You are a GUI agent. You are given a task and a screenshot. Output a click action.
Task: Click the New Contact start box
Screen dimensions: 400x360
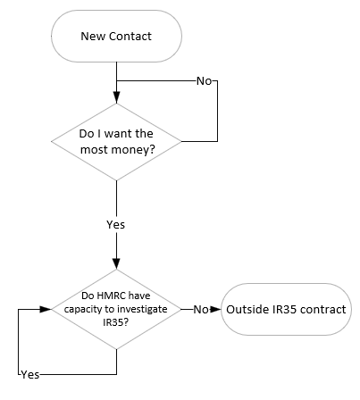(116, 36)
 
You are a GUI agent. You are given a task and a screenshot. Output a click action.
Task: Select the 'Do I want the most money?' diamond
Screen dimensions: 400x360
(116, 141)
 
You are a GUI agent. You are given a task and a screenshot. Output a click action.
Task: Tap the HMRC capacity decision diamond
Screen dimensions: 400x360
(116, 310)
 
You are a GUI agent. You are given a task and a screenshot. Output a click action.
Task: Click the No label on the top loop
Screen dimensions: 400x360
(205, 80)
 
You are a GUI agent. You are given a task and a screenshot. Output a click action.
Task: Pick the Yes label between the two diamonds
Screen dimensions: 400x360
(116, 224)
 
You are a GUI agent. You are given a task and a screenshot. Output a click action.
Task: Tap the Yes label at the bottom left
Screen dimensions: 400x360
(29, 373)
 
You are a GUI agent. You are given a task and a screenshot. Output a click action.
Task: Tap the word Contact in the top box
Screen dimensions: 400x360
(129, 36)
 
